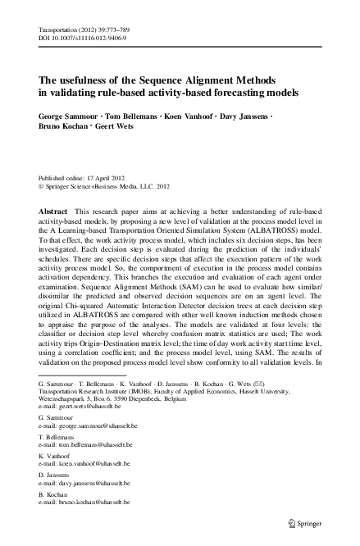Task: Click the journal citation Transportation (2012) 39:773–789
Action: click(x=80, y=29)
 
